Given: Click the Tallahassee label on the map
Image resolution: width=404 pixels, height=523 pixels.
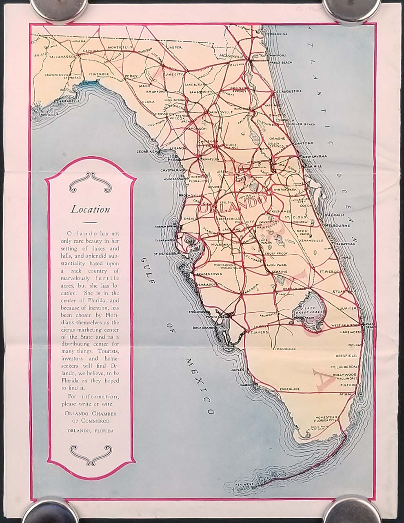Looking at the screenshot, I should pyautogui.click(x=61, y=58).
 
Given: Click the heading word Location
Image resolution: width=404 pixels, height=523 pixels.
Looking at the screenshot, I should pyautogui.click(x=91, y=210).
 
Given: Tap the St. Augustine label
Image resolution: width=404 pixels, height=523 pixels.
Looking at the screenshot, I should pyautogui.click(x=289, y=91).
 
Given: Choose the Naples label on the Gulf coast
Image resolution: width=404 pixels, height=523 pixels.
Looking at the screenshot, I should pyautogui.click(x=237, y=370).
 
